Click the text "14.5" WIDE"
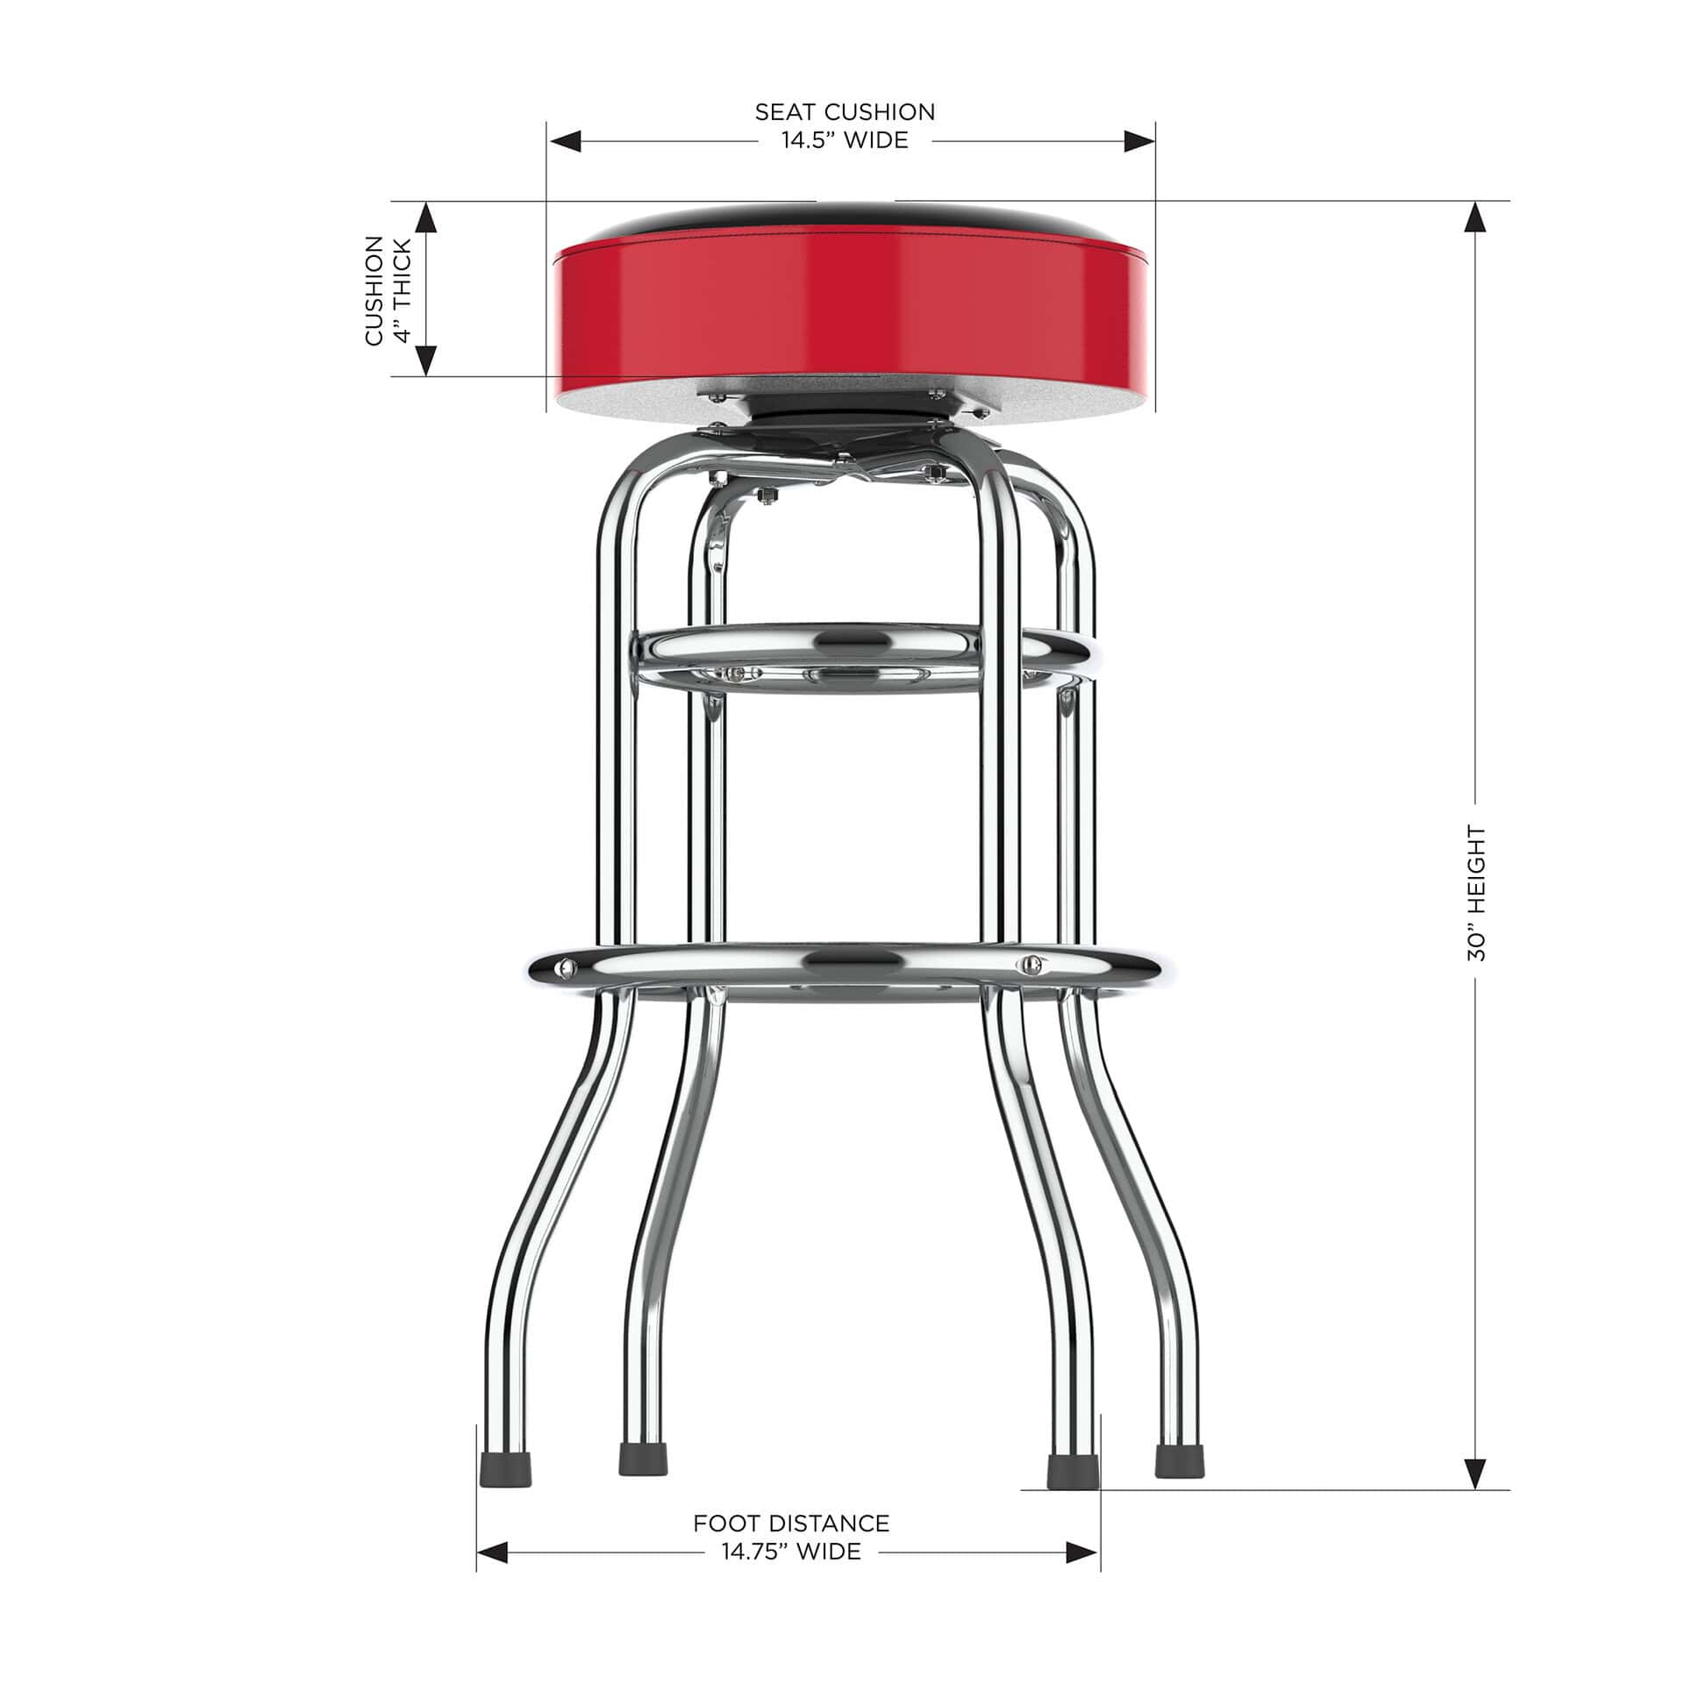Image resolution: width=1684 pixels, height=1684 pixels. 845,140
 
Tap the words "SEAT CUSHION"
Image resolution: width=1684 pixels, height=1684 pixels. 845,111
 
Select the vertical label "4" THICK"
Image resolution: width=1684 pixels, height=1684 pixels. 403,290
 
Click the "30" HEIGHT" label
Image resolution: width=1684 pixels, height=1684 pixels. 1476,893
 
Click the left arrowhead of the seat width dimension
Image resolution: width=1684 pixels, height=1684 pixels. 565,141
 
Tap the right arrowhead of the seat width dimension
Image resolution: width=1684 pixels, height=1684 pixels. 1138,141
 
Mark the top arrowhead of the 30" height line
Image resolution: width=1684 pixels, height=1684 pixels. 1476,218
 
